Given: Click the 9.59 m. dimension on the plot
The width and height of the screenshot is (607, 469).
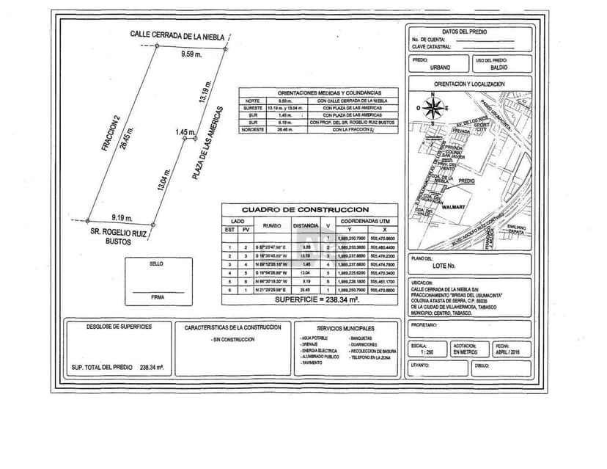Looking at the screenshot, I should [x=191, y=55].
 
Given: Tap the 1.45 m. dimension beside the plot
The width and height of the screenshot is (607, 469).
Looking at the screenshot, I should [x=185, y=132].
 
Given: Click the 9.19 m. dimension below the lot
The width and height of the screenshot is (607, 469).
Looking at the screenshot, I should [x=122, y=217].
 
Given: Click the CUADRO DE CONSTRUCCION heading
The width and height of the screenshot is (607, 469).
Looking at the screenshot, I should [x=310, y=210].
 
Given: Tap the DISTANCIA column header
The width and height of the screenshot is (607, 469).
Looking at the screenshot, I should [x=306, y=225].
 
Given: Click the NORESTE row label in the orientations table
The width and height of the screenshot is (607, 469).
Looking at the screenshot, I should [x=252, y=129].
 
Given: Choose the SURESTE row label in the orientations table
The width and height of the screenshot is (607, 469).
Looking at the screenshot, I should [x=252, y=107].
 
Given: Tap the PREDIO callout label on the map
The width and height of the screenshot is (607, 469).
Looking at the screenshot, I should [x=467, y=181].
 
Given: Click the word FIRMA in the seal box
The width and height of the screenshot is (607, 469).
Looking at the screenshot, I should [x=156, y=297].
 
